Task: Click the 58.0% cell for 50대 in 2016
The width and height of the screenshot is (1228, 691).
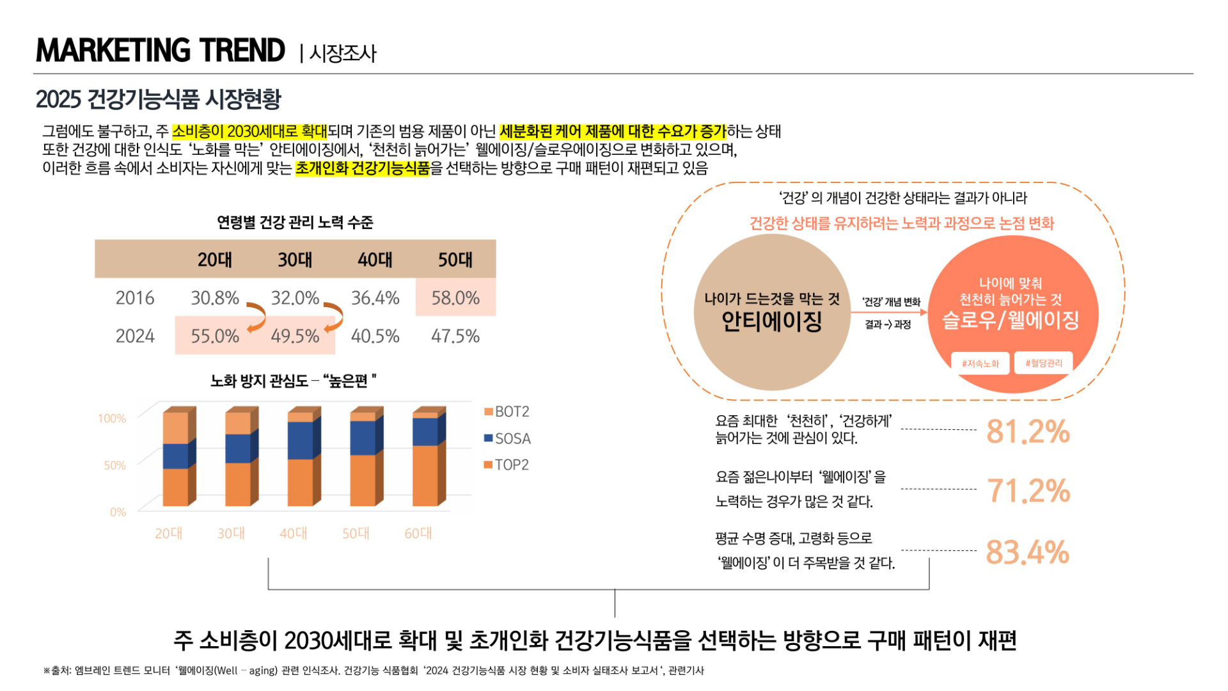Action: [455, 298]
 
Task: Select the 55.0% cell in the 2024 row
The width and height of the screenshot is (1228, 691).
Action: [215, 336]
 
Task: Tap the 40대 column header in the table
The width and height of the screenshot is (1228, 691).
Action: [375, 260]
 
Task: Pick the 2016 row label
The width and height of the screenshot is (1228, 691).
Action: [135, 298]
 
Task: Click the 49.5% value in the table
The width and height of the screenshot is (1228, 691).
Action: [295, 336]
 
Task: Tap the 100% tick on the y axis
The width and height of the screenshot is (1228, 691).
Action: [112, 418]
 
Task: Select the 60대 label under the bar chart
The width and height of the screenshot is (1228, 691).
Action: [418, 533]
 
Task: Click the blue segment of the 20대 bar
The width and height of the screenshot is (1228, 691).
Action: [175, 456]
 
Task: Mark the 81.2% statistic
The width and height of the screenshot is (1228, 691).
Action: [1028, 431]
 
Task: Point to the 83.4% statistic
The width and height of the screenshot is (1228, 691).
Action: [1027, 552]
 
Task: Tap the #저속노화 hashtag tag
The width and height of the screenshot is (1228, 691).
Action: [980, 363]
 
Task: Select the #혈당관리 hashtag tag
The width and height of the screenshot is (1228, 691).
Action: [1044, 363]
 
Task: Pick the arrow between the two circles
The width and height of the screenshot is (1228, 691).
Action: [889, 312]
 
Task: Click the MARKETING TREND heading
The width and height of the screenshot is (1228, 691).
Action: [161, 51]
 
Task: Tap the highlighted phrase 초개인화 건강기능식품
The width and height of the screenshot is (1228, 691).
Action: [363, 168]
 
